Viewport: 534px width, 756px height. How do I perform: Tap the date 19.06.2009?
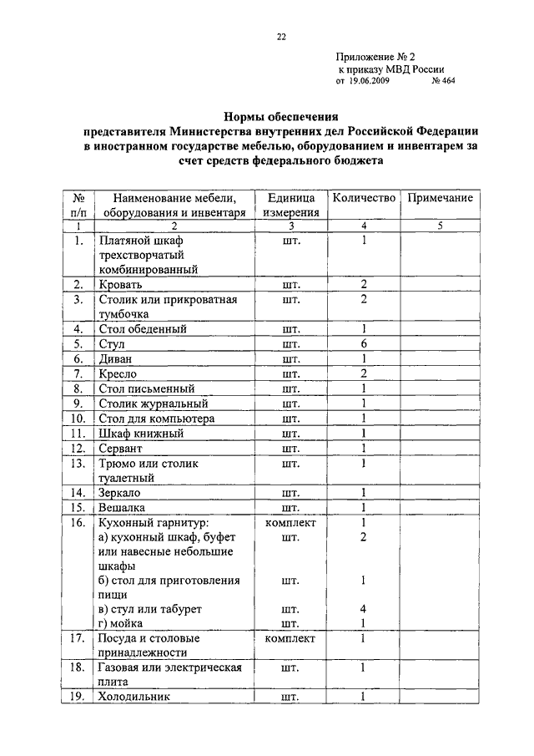pos(368,82)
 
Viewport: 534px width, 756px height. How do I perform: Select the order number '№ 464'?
pos(443,82)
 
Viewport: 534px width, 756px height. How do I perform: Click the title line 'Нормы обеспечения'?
pos(279,117)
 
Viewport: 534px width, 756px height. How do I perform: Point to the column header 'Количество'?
pos(364,198)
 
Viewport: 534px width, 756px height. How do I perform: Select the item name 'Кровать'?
pos(122,285)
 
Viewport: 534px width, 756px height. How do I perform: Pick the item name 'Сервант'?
pos(123,449)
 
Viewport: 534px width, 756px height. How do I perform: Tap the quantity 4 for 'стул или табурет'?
pos(365,609)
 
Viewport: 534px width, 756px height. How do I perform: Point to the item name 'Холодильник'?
pos(134,697)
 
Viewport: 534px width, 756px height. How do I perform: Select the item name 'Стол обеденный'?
pos(143,329)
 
